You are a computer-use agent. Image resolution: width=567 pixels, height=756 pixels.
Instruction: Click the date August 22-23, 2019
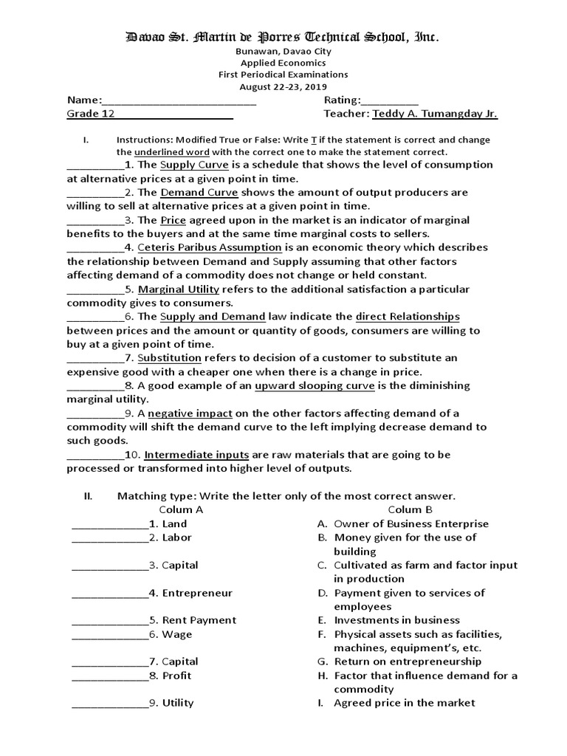(x=283, y=86)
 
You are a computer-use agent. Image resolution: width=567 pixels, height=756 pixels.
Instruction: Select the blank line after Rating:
(x=390, y=101)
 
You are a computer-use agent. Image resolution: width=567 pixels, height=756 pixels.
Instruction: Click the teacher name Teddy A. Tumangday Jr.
(x=435, y=114)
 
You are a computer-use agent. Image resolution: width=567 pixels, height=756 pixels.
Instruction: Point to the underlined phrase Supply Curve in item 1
(x=194, y=165)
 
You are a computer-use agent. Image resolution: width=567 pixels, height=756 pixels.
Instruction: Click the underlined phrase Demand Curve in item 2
(x=199, y=192)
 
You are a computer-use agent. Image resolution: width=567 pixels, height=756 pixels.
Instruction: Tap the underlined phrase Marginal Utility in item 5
(x=178, y=289)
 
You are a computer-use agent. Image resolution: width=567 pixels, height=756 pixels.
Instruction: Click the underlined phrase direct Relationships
(x=408, y=317)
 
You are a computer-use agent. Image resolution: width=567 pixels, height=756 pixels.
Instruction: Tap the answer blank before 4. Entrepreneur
(x=109, y=593)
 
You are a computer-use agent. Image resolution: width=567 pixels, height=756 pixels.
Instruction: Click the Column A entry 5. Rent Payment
(x=189, y=620)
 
